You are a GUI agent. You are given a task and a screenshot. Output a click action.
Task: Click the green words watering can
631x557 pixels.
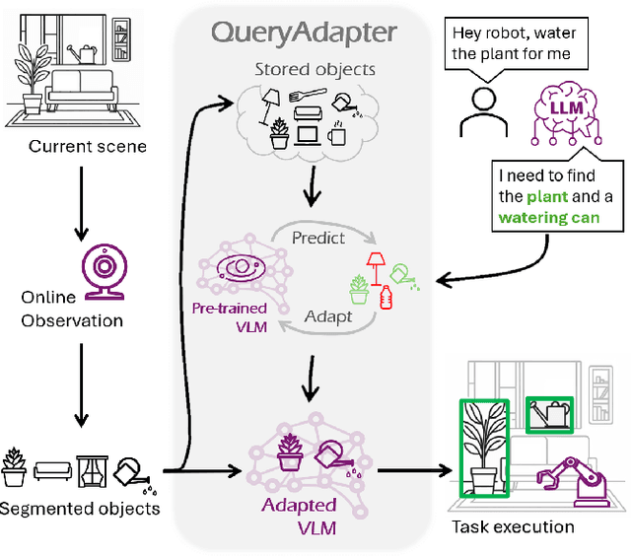(547, 217)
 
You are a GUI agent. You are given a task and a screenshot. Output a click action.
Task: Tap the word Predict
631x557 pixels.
(318, 238)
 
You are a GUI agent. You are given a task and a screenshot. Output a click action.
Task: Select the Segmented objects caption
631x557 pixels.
(80, 509)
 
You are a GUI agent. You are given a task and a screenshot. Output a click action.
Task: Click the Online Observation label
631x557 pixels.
(72, 310)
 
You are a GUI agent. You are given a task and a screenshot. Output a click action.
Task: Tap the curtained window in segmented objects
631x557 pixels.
(95, 468)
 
